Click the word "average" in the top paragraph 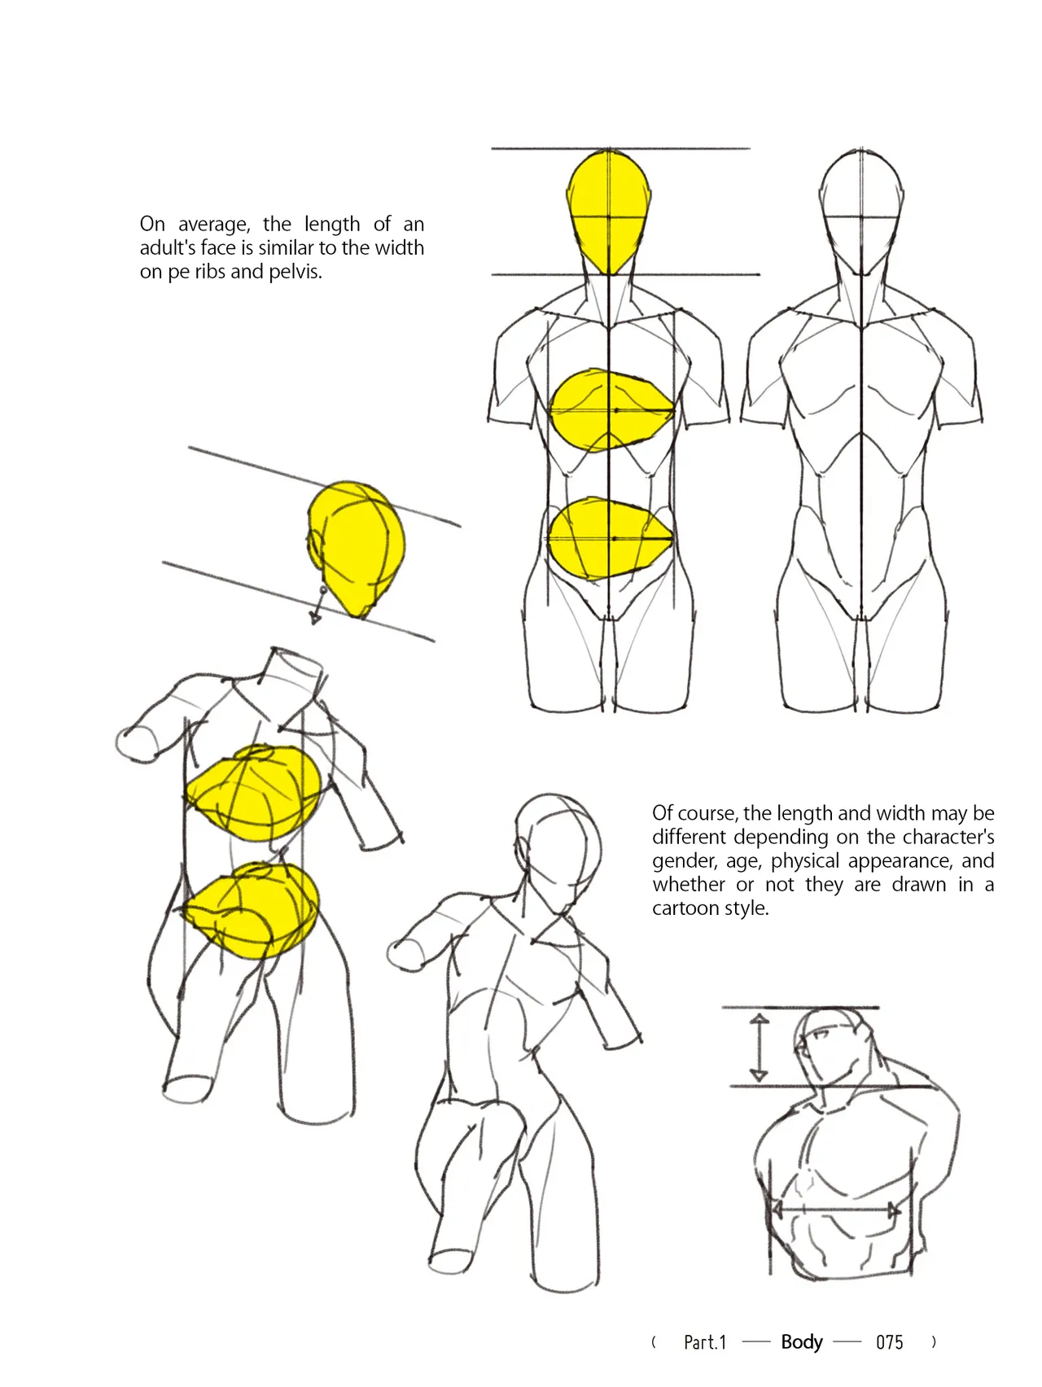click(214, 225)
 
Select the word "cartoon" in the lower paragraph click(687, 908)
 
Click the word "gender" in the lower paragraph click(682, 862)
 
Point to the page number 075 click(890, 1342)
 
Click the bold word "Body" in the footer click(802, 1342)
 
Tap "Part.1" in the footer click(705, 1342)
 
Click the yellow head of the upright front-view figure click(609, 212)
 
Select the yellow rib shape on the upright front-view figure click(611, 410)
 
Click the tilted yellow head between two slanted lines click(357, 548)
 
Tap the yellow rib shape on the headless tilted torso click(254, 794)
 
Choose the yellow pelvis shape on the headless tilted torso click(252, 911)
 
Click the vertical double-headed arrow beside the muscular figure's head click(759, 1047)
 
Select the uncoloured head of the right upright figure click(861, 212)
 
